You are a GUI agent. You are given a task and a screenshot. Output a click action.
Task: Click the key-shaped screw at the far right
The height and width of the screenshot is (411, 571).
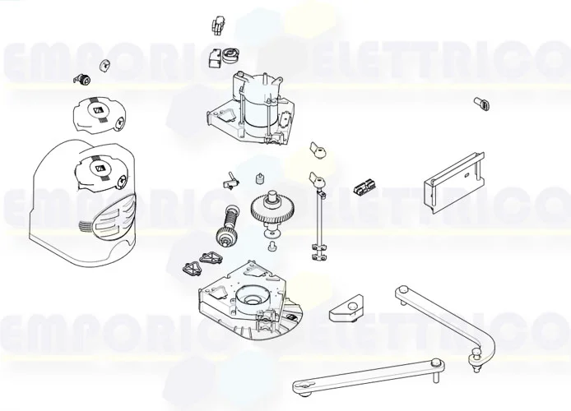(480, 103)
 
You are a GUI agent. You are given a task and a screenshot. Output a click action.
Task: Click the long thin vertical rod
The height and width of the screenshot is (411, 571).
(316, 222)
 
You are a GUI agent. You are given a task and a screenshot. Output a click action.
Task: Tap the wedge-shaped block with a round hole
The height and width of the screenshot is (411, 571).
(346, 310)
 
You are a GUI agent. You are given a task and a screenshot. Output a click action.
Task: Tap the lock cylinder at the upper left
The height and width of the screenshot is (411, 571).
(82, 79)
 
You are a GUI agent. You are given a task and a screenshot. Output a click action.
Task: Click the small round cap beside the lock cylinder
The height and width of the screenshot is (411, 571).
(104, 65)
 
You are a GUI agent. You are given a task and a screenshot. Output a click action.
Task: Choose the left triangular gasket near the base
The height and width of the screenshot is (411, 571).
(191, 268)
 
